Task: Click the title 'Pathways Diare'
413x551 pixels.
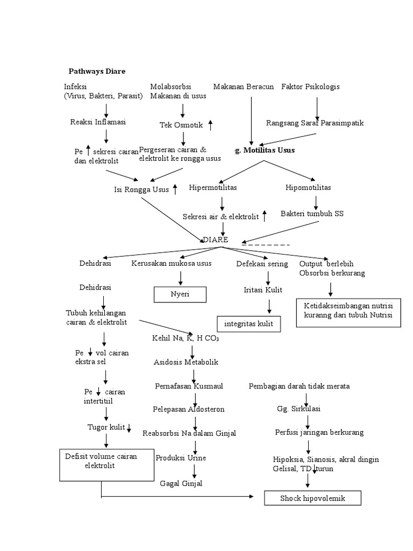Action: [97, 71]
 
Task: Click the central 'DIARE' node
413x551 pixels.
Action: [215, 240]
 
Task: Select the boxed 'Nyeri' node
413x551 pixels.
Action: [180, 295]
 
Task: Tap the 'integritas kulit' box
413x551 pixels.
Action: [248, 323]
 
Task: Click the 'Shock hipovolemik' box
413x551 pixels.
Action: [312, 499]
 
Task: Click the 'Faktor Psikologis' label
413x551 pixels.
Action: [310, 87]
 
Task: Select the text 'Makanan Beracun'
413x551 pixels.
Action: [244, 87]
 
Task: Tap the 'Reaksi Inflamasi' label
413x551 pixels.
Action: [98, 122]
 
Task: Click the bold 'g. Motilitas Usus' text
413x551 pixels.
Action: [265, 150]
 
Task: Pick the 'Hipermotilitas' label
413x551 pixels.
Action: [213, 188]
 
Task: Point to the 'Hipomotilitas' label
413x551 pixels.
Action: [308, 188]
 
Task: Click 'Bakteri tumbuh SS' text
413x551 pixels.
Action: [312, 214]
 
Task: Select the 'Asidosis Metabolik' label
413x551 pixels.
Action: [186, 362]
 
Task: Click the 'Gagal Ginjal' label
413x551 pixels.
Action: [181, 483]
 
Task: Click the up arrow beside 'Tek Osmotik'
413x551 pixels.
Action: [210, 125]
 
